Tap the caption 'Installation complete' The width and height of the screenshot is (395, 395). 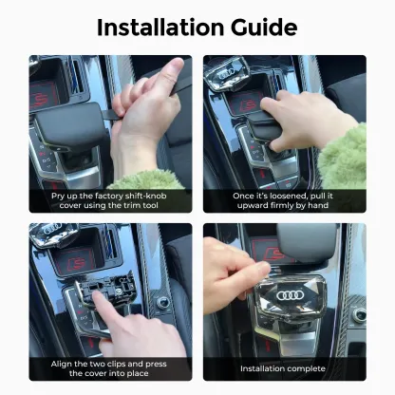point(283,367)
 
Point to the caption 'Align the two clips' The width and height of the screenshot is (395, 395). point(109,367)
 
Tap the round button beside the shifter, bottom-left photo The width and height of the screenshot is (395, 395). point(162,303)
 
